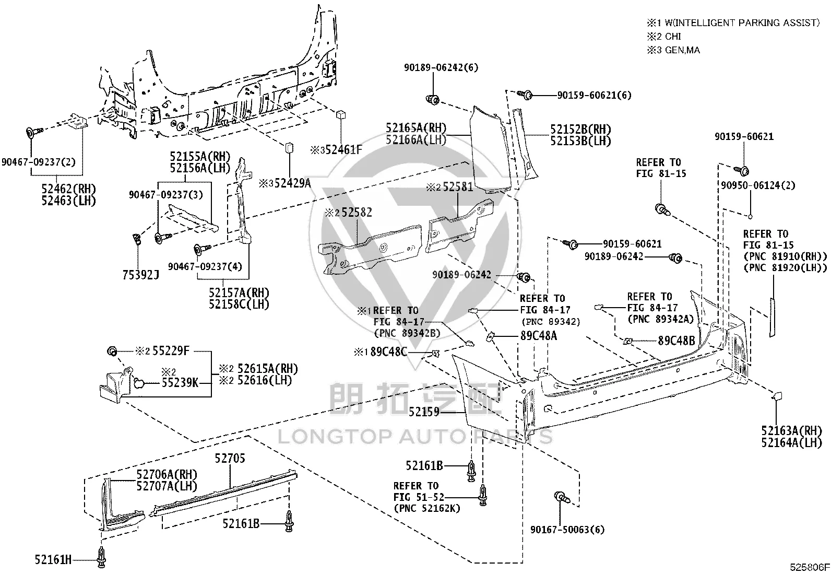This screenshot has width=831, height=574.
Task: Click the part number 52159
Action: point(424,412)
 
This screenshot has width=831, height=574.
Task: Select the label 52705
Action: point(230,459)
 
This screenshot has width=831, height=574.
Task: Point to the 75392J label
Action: point(140,275)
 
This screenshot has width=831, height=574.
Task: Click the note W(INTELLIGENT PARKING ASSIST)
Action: point(742,23)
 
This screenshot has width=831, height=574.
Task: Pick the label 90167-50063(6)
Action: point(567,530)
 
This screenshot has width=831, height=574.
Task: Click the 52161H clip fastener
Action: point(101,558)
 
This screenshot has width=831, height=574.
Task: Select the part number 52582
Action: point(357,213)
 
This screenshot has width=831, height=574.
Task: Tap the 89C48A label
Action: point(539,336)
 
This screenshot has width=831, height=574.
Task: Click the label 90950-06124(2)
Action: point(758,185)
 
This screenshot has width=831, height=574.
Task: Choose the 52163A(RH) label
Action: point(792,431)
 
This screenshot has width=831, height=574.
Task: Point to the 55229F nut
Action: point(112,351)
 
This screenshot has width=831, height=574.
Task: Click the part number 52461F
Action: point(344,150)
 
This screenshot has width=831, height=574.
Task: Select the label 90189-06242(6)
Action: point(441,67)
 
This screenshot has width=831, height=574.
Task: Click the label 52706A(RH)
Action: point(167,474)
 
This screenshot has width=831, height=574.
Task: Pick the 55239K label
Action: point(180,382)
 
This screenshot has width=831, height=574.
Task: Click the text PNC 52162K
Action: point(426,508)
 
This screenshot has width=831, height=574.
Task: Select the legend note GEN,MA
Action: point(682,50)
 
